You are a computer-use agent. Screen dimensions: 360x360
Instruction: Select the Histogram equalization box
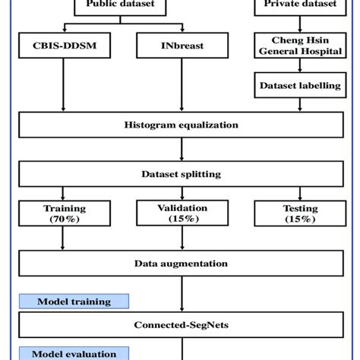(x=180, y=125)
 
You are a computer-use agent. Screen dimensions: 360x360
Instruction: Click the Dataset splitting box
(x=180, y=173)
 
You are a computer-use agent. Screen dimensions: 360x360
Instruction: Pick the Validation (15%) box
(x=180, y=213)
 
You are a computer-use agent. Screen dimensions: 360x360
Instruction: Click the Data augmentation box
(x=180, y=264)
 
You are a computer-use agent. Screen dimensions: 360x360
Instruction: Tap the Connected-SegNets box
(x=180, y=324)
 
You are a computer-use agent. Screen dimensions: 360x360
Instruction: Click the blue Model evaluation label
(x=74, y=353)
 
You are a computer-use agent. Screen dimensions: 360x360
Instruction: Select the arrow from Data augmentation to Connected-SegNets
(x=180, y=294)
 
